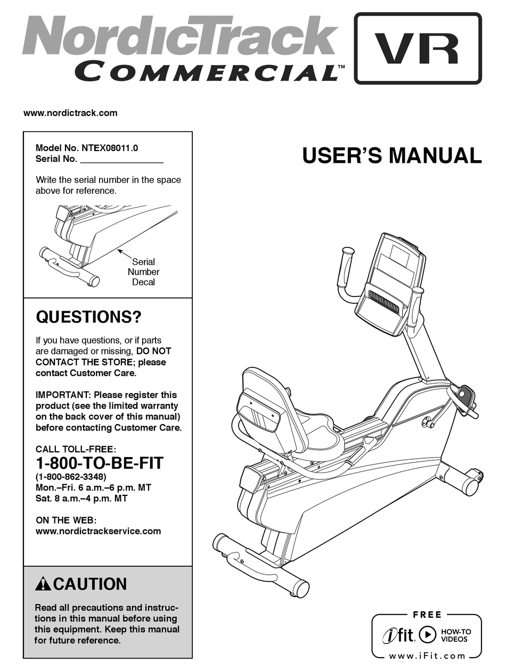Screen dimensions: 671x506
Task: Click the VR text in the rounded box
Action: pyautogui.click(x=418, y=48)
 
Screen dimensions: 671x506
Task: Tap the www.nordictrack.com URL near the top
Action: pyautogui.click(x=70, y=113)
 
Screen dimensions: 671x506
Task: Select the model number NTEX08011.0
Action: pyautogui.click(x=112, y=148)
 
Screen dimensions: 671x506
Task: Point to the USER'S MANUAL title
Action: pyautogui.click(x=391, y=156)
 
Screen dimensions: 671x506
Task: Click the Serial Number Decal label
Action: pyautogui.click(x=143, y=272)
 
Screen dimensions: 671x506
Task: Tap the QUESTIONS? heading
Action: pyautogui.click(x=88, y=318)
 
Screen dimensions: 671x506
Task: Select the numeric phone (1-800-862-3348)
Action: pyautogui.click(x=71, y=476)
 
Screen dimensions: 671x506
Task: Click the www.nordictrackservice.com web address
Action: pyautogui.click(x=98, y=531)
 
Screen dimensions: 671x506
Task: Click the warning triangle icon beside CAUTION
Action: pyautogui.click(x=43, y=584)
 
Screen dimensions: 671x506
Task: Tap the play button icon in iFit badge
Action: pyautogui.click(x=427, y=635)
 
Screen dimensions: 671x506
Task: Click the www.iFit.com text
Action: pyautogui.click(x=427, y=656)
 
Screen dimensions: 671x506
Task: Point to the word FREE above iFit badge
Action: pyautogui.click(x=427, y=615)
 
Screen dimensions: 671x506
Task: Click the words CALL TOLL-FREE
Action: pyautogui.click(x=76, y=449)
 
